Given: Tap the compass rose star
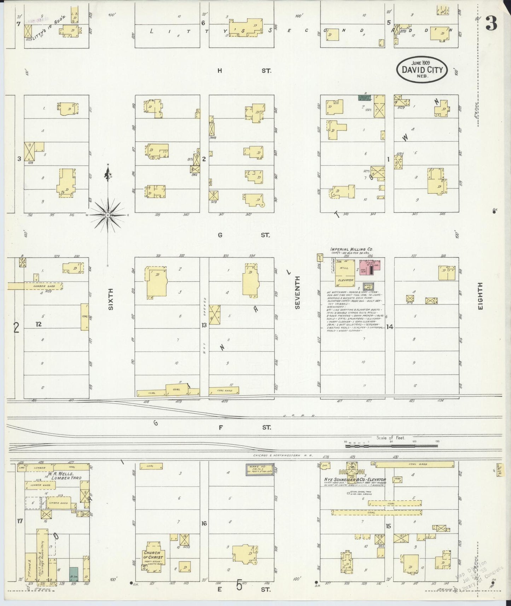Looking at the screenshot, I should (108, 215).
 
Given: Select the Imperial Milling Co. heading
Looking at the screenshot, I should (352, 249).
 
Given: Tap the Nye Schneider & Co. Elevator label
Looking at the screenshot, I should (355, 480).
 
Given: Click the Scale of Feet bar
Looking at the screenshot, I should (391, 446).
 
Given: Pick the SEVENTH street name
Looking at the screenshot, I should (297, 293).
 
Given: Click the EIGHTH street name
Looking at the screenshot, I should (480, 296).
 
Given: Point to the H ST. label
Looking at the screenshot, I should (244, 71).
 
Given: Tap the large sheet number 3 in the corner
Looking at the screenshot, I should (491, 23).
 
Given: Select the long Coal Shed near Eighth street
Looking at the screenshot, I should (414, 464).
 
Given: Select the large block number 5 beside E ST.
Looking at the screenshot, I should (239, 586).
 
